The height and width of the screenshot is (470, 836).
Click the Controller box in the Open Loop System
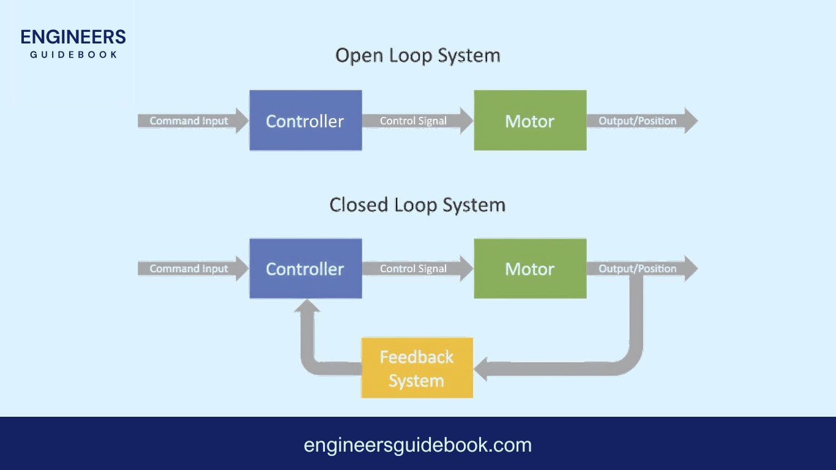pyautogui.click(x=305, y=121)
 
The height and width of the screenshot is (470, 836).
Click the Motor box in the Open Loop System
pyautogui.click(x=530, y=121)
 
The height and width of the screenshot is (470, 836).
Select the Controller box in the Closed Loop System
pyautogui.click(x=305, y=269)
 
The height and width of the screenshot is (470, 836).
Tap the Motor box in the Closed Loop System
pyautogui.click(x=530, y=269)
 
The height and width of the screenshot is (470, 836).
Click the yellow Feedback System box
pyautogui.click(x=417, y=368)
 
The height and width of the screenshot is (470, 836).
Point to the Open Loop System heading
pyautogui.click(x=417, y=56)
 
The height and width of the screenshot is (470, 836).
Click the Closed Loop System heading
pyautogui.click(x=417, y=204)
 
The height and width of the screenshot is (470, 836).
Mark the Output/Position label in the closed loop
pyautogui.click(x=637, y=269)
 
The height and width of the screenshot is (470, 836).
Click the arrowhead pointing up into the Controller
pyautogui.click(x=307, y=306)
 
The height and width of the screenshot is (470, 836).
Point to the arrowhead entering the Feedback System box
pyautogui.click(x=481, y=369)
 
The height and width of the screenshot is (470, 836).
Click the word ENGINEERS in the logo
pyautogui.click(x=73, y=37)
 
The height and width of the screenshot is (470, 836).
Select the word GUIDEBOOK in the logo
pyautogui.click(x=73, y=54)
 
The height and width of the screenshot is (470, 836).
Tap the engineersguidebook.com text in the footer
pyautogui.click(x=417, y=445)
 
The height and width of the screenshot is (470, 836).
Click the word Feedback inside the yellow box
pyautogui.click(x=417, y=357)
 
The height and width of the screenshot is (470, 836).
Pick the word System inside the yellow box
pyautogui.click(x=416, y=381)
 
